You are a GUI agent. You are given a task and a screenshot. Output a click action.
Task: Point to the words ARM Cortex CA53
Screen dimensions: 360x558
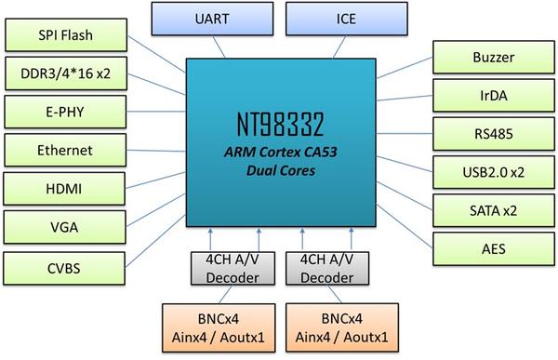pos(278,153)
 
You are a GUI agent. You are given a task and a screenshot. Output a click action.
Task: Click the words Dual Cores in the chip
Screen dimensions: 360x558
pos(278,172)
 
